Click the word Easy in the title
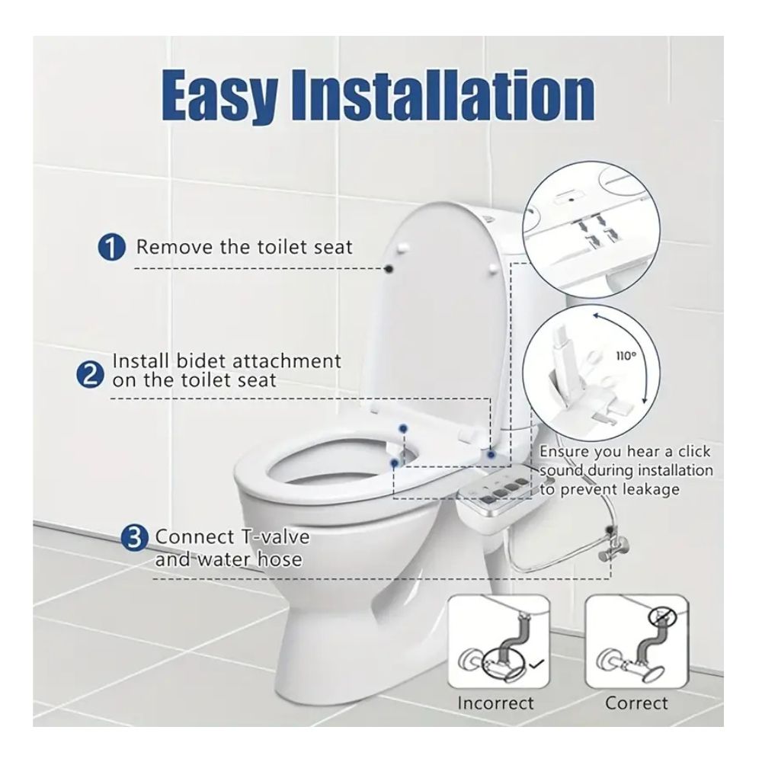click(x=221, y=95)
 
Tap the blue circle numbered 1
click(x=112, y=248)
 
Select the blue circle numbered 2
click(x=91, y=376)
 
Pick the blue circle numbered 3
click(x=134, y=539)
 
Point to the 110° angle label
click(x=626, y=356)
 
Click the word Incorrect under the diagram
click(x=496, y=703)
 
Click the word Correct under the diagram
click(x=636, y=703)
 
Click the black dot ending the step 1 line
click(x=389, y=268)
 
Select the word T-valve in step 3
click(x=274, y=536)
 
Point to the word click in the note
click(x=694, y=451)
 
